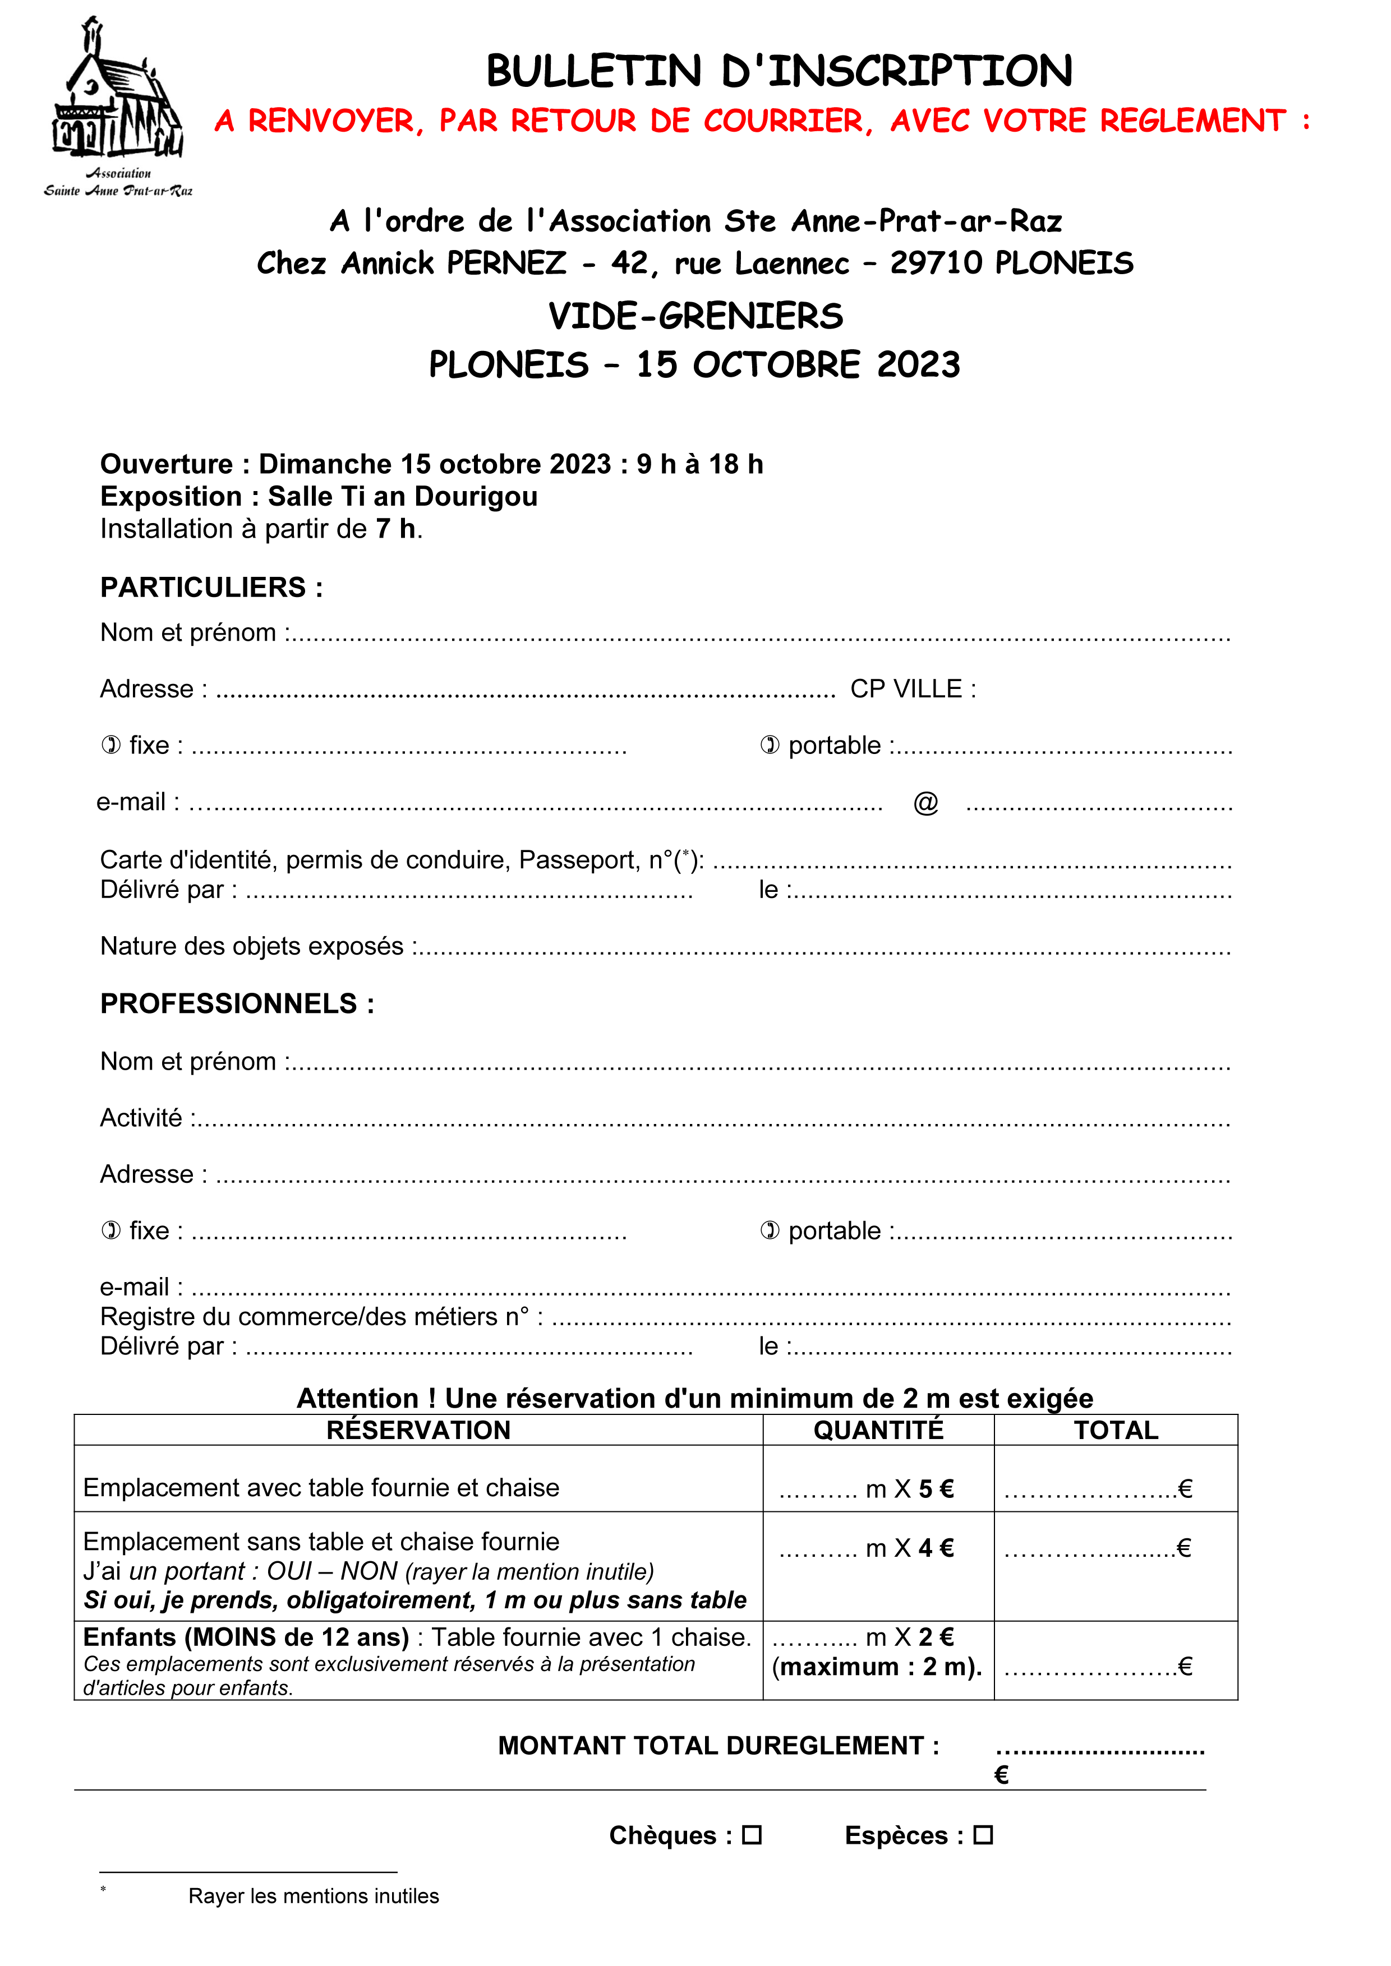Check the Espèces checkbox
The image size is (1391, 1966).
(983, 1835)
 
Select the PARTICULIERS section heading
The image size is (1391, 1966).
(211, 588)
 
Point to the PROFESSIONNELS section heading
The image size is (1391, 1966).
(237, 1003)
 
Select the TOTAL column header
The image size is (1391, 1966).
(1116, 1430)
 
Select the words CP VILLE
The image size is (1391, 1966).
(912, 688)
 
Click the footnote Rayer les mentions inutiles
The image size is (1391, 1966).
(314, 1896)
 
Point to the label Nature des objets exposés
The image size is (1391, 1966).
(252, 946)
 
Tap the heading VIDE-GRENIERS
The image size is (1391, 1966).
(695, 316)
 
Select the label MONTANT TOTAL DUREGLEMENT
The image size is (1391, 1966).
(718, 1746)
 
